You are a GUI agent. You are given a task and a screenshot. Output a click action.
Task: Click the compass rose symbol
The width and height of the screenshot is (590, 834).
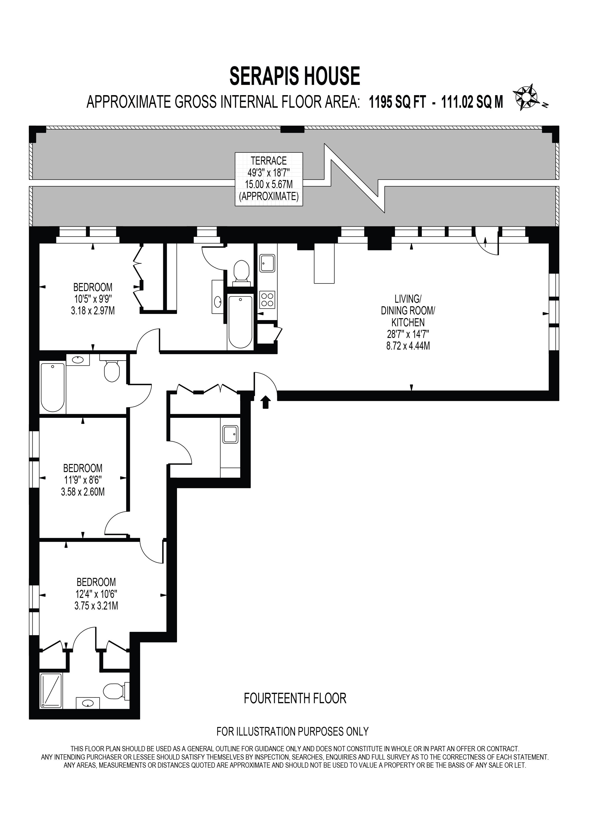526,97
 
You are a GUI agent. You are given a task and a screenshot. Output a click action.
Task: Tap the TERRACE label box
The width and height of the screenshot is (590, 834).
269,179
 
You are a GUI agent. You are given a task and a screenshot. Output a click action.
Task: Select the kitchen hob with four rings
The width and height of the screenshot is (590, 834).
267,300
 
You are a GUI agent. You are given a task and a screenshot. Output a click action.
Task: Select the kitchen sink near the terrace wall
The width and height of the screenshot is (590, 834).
267,263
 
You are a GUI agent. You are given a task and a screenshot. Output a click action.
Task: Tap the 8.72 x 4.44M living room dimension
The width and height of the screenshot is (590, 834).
408,346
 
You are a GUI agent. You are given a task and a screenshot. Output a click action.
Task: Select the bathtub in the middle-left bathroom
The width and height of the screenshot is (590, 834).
53,387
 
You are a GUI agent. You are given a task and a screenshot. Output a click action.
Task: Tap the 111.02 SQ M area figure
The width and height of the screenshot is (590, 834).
472,103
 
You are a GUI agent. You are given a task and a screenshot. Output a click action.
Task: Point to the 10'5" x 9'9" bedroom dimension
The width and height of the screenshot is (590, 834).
93,299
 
